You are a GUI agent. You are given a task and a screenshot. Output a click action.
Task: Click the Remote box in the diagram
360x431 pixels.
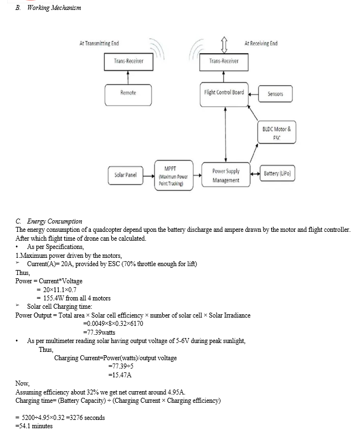[x=128, y=95]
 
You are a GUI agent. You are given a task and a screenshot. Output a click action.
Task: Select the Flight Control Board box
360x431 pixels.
[x=224, y=94]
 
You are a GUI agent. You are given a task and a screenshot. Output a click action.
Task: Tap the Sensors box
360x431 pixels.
[x=275, y=94]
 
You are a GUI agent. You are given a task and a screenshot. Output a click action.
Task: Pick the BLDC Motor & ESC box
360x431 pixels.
[x=276, y=132]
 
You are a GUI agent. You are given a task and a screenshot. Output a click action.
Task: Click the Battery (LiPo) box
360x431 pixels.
[x=277, y=173]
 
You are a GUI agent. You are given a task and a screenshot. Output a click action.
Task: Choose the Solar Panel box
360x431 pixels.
[x=125, y=175]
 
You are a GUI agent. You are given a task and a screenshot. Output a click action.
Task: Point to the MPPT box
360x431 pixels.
[x=174, y=175]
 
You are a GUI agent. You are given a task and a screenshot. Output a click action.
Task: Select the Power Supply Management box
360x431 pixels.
[x=225, y=175]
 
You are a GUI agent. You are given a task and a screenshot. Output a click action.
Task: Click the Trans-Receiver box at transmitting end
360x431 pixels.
[x=128, y=62]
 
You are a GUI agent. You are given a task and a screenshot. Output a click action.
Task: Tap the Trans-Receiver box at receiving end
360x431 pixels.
[x=224, y=62]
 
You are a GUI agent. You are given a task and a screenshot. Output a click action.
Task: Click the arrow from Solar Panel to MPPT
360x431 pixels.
[x=149, y=175]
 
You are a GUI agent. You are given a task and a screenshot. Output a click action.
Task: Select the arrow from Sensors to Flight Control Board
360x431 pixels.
[x=253, y=94]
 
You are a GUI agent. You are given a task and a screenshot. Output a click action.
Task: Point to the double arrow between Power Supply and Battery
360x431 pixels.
[x=255, y=173]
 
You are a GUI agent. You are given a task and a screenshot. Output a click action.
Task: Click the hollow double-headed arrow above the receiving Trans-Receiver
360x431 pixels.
[x=224, y=45]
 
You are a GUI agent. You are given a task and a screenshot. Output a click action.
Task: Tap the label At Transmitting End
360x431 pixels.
[x=99, y=43]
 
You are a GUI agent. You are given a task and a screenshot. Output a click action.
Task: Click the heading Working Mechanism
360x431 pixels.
[x=54, y=8]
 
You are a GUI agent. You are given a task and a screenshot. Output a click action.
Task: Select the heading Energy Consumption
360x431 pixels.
[x=54, y=221]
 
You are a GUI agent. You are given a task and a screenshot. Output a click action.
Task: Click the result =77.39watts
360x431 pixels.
[x=99, y=333]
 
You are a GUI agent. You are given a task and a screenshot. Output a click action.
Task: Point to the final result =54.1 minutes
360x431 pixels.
[x=34, y=426]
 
